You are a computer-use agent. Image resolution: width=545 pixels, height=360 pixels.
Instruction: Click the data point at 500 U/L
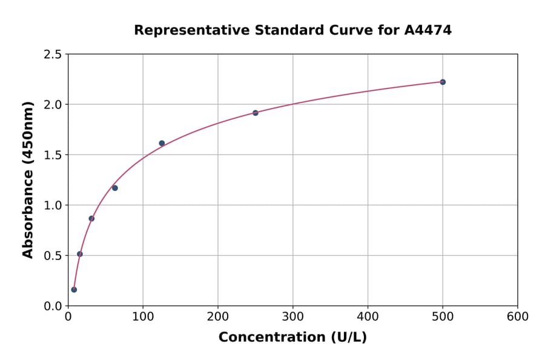[443, 82]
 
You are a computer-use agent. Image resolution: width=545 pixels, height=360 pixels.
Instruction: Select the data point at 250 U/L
[256, 113]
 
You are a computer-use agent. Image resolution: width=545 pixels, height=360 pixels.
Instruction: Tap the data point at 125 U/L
[162, 143]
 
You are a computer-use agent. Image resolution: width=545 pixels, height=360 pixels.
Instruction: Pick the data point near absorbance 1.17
[115, 188]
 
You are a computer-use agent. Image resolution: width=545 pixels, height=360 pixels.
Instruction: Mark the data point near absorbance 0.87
[91, 218]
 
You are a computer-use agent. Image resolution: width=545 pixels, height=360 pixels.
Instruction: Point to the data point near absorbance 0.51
[80, 254]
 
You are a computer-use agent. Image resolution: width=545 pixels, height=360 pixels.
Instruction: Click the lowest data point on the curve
[74, 290]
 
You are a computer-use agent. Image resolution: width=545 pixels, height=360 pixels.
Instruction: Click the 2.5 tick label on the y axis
[53, 55]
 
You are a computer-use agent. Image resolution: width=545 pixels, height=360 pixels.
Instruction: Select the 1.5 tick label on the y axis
[53, 155]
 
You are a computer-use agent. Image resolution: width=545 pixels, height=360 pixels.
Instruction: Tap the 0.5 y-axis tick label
[53, 256]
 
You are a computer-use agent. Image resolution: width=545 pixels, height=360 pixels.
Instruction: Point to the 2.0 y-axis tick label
[53, 105]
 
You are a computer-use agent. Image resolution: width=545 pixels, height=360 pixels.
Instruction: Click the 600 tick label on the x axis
[518, 317]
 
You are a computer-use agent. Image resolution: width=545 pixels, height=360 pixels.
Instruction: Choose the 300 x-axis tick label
[292, 317]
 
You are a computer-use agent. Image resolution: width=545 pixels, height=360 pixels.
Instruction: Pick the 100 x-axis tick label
[143, 317]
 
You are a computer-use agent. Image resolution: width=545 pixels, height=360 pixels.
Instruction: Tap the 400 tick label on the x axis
[368, 317]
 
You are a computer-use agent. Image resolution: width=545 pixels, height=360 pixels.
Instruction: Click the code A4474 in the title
[428, 30]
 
